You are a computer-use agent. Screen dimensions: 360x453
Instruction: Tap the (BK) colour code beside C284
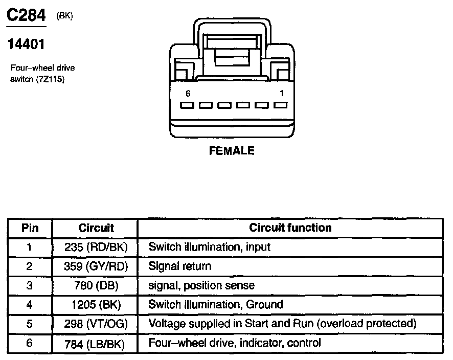click(65, 15)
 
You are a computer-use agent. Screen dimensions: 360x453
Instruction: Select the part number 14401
click(26, 44)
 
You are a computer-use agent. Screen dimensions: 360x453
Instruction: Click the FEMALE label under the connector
click(232, 151)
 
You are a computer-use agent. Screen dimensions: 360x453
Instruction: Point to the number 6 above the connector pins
click(188, 94)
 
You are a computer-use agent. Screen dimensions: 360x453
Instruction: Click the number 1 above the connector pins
click(282, 94)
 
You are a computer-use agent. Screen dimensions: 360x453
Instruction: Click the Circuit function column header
click(290, 228)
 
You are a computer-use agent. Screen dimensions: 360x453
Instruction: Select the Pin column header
click(30, 228)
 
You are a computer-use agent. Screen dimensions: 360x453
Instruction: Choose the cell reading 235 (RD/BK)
click(96, 247)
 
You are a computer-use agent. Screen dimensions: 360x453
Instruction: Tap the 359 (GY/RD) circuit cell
click(96, 266)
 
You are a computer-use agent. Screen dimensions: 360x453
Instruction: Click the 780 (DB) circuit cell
click(96, 285)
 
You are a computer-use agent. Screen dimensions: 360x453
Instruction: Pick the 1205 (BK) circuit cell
click(96, 305)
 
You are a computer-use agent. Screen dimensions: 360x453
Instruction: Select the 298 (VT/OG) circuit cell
click(96, 324)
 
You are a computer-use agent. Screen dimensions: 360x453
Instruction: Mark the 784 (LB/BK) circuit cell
click(96, 343)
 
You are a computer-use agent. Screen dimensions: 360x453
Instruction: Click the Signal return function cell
click(179, 266)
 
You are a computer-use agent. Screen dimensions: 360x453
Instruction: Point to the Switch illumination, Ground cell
click(215, 305)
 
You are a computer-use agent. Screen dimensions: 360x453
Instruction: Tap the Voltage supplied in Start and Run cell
click(282, 324)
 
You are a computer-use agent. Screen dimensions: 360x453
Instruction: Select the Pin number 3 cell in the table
click(30, 285)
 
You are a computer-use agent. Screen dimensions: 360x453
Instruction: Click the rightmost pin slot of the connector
click(280, 105)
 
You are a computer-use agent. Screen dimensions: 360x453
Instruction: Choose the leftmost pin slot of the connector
click(187, 105)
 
